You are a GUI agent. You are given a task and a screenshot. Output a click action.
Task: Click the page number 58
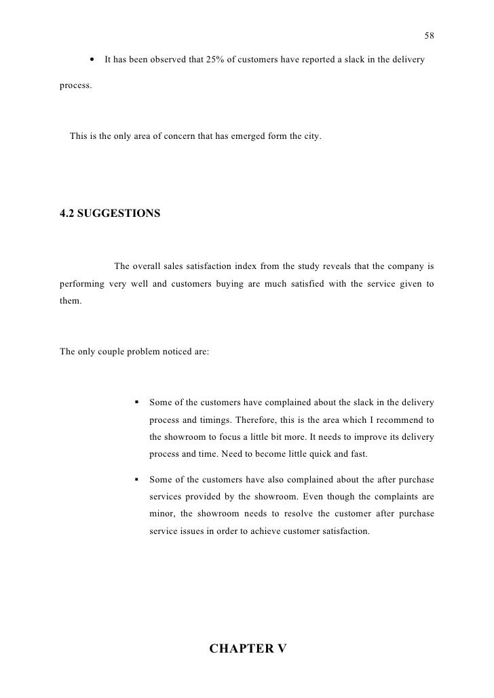(429, 35)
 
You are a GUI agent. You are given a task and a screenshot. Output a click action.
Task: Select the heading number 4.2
(69, 214)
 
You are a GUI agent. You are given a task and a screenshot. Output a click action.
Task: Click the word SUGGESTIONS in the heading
(121, 214)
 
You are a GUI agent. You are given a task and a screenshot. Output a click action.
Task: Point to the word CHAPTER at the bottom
(240, 649)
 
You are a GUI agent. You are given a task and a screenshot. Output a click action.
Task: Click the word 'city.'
(313, 138)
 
